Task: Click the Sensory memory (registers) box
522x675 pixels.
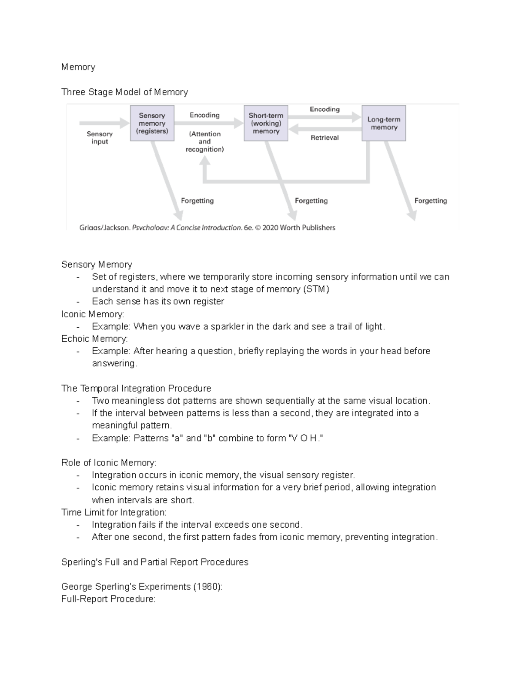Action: [x=152, y=123]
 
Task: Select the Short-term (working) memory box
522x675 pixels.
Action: [x=266, y=123]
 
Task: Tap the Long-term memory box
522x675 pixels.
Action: [x=384, y=123]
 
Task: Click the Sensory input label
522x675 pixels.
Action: [x=100, y=138]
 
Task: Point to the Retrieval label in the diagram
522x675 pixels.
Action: [x=325, y=138]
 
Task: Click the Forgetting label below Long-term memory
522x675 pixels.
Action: [x=430, y=201]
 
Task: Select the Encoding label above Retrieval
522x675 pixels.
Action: [x=325, y=110]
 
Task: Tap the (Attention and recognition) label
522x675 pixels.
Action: [x=204, y=142]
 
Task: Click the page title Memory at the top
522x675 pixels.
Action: [x=78, y=67]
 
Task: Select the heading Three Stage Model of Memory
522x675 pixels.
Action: [x=124, y=92]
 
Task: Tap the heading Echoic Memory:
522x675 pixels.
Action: [x=94, y=339]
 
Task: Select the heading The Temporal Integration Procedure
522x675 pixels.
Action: [x=136, y=388]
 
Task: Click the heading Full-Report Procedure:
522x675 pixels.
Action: [x=108, y=599]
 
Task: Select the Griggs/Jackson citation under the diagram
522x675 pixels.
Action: [x=207, y=227]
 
